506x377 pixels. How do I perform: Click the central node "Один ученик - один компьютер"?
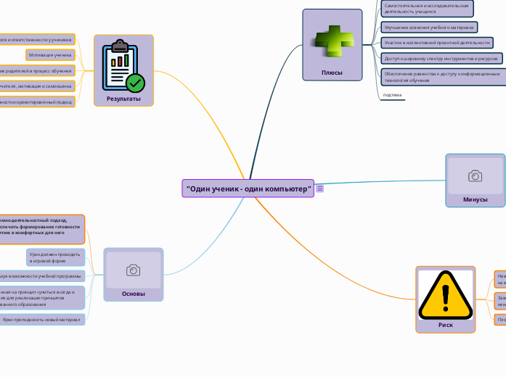[248, 188]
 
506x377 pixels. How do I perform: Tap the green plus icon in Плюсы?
[332, 41]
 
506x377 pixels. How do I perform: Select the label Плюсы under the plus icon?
[332, 72]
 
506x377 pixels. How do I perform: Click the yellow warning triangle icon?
[446, 294]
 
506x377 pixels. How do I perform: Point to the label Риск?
[446, 325]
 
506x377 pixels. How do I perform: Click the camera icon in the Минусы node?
[476, 176]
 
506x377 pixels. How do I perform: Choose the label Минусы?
[476, 199]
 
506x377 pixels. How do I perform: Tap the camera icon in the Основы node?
[134, 270]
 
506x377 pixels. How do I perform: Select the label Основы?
[134, 294]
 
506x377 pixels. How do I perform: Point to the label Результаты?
[123, 99]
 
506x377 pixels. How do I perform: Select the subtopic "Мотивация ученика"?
[50, 54]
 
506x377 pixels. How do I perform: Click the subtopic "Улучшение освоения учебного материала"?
[429, 28]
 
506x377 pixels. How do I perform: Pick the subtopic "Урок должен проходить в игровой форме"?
[55, 257]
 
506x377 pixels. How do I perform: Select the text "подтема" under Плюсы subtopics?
[392, 95]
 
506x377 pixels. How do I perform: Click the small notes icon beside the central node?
[320, 188]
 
